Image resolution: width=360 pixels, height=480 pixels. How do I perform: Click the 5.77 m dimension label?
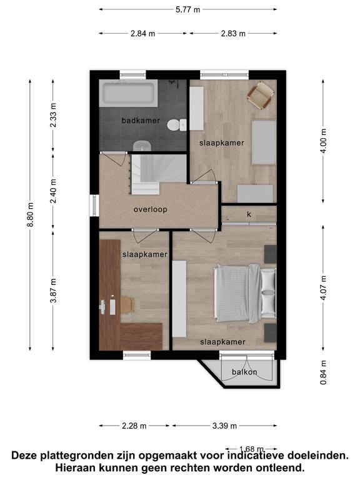click(187, 9)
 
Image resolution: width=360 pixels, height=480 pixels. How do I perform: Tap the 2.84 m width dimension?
click(142, 33)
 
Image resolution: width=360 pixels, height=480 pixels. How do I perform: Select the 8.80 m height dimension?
click(30, 214)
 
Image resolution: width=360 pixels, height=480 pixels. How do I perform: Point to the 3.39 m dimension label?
click(224, 426)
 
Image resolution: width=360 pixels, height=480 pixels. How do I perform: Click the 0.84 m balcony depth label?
click(323, 372)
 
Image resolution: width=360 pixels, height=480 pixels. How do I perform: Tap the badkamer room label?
click(141, 121)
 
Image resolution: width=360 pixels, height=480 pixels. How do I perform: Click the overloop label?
click(150, 210)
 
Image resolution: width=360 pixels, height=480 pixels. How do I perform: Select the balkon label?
click(244, 372)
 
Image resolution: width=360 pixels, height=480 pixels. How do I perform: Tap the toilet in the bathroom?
click(177, 125)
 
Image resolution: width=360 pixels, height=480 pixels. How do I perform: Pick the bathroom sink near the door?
click(142, 146)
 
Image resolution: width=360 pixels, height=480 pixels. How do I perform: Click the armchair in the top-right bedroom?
click(260, 95)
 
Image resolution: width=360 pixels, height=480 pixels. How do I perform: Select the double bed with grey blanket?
click(245, 294)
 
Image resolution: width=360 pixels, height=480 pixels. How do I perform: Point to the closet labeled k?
click(249, 214)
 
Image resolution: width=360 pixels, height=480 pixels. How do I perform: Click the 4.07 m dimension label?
click(323, 287)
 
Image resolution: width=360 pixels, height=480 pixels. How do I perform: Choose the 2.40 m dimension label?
click(53, 191)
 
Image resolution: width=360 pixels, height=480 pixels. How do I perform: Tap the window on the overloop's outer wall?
click(94, 206)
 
